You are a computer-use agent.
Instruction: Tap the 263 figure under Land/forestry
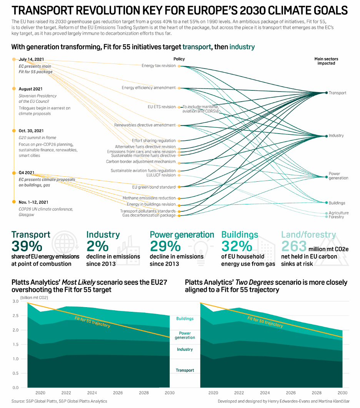(294, 246)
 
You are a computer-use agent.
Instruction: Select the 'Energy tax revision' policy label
(158, 66)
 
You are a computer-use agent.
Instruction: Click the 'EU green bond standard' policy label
(154, 187)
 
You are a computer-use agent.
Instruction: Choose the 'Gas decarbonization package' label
(149, 215)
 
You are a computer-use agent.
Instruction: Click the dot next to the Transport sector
(326, 93)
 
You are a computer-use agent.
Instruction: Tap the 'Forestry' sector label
(336, 217)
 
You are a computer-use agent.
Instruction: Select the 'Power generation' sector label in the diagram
(338, 176)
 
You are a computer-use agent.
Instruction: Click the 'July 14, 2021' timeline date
(31, 59)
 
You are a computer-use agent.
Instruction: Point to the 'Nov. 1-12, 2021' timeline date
(33, 202)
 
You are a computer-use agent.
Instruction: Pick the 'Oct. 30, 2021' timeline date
(31, 131)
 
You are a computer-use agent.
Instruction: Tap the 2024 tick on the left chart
(92, 393)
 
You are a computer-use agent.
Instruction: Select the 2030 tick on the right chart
(342, 393)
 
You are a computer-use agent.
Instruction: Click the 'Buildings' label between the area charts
(185, 319)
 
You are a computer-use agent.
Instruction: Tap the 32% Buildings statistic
(237, 246)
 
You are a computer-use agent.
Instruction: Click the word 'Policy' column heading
(179, 59)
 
